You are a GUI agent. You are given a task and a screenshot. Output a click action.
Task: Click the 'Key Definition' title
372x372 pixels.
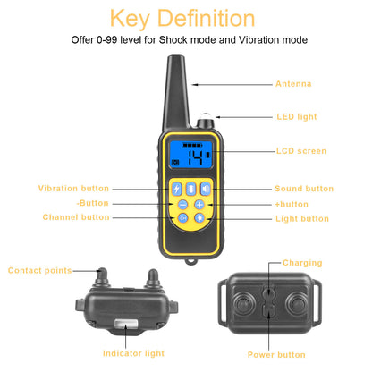coord(185,17)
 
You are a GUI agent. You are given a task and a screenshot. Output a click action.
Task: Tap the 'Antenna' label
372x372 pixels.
coord(293,84)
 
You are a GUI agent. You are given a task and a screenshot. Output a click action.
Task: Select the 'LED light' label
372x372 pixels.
coord(296,116)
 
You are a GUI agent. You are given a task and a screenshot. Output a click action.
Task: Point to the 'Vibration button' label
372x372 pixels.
coord(73,189)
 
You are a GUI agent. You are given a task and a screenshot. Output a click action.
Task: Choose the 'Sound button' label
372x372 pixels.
coord(303,189)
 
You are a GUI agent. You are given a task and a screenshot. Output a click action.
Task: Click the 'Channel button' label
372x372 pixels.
coord(76,217)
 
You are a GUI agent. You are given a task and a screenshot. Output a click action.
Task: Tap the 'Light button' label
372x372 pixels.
coord(301,218)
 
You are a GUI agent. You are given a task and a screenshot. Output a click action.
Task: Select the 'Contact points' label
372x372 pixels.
coord(39,270)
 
